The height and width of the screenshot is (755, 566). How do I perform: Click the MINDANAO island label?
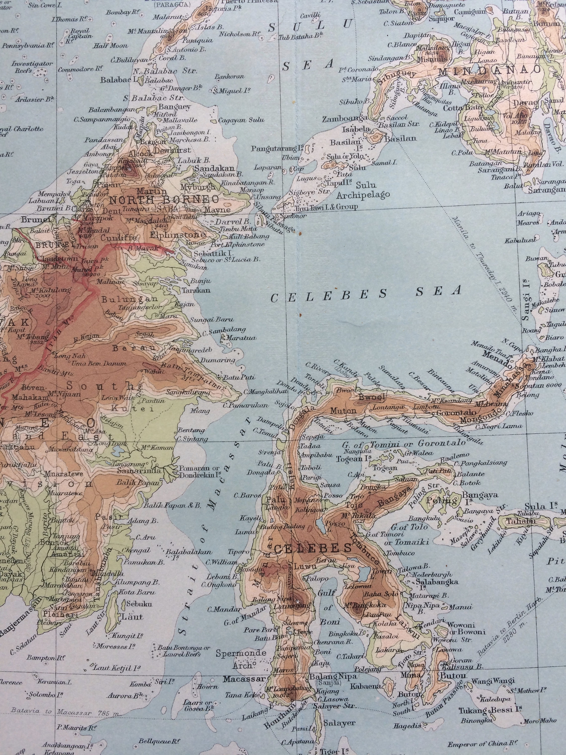(x=490, y=71)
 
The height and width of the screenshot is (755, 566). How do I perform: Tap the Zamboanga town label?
(x=345, y=119)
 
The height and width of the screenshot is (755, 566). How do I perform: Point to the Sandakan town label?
(x=214, y=168)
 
